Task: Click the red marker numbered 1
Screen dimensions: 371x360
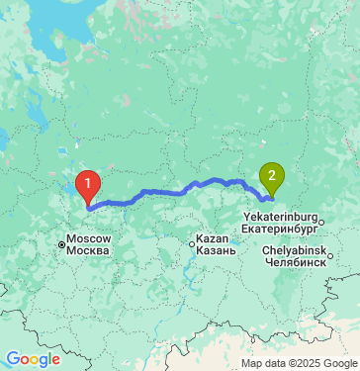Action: [x=88, y=184]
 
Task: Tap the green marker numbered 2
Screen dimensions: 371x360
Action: [x=270, y=178]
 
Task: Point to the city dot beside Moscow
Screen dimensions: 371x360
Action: [x=61, y=244]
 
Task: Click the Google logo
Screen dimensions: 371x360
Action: [x=33, y=359]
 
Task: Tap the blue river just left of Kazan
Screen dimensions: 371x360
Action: [x=184, y=259]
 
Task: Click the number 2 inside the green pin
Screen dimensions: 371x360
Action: [x=270, y=176]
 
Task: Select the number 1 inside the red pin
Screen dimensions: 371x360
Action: [x=88, y=182]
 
